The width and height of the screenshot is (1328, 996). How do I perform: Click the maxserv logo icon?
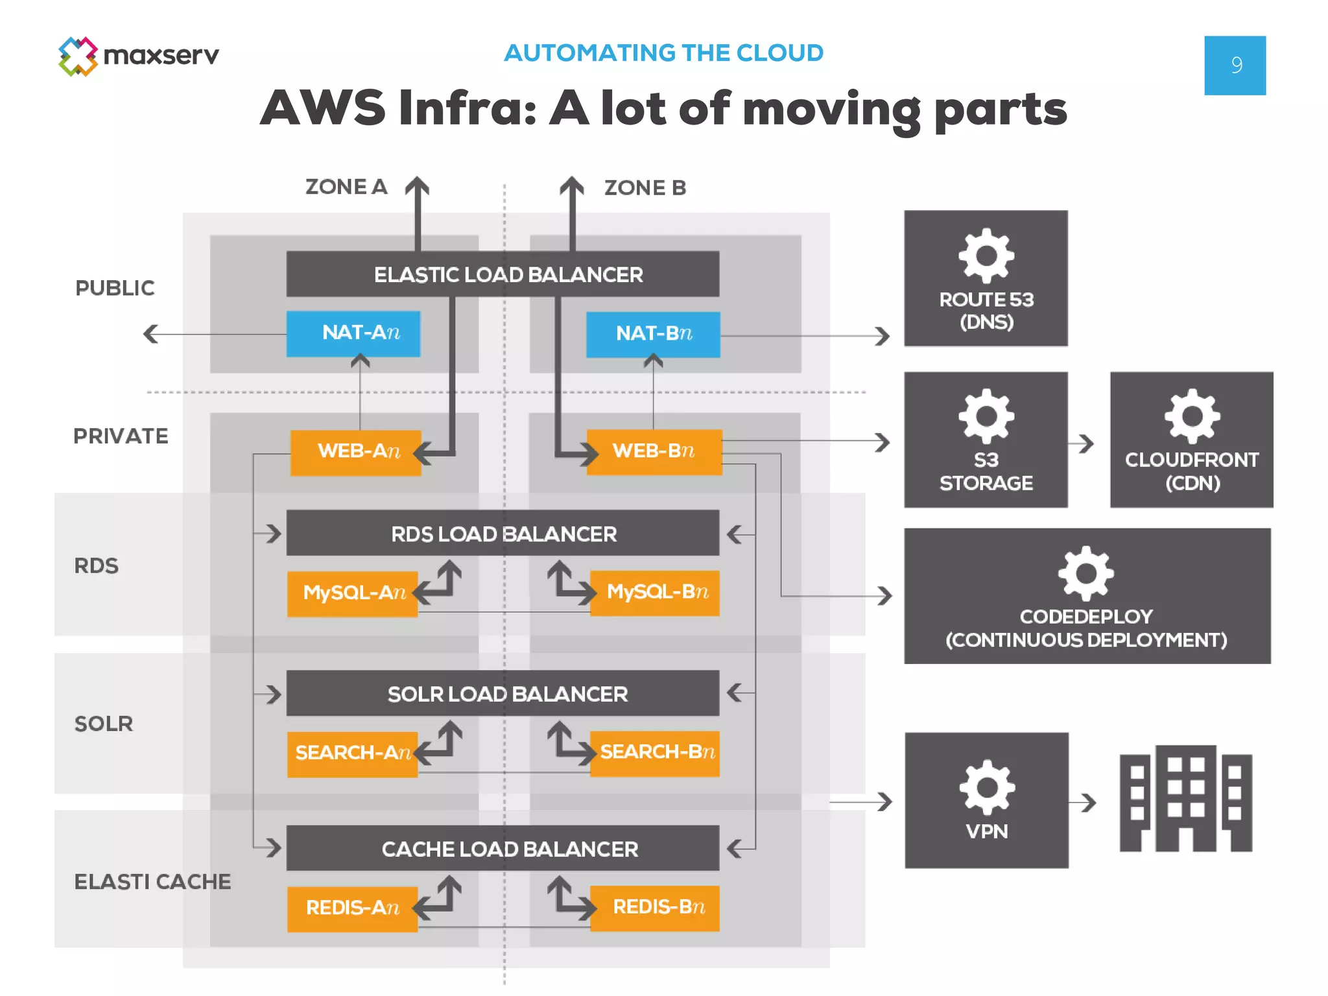point(78,56)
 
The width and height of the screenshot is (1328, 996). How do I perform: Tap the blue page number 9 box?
point(1235,65)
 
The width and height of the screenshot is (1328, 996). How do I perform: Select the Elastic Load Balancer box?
point(503,274)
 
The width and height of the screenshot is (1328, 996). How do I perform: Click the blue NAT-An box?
point(353,333)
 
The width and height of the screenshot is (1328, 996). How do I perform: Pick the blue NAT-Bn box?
point(653,335)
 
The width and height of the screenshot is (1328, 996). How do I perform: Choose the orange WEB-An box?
point(355,452)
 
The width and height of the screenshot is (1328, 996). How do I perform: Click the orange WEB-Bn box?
point(654,451)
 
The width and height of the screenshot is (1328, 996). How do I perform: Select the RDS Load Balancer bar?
point(503,533)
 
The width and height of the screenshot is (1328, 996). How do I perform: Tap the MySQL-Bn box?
point(655,593)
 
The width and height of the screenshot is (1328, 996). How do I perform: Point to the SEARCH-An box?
point(352,753)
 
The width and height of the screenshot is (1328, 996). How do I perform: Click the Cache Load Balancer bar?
point(503,848)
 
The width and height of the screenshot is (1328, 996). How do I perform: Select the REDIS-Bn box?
point(655,908)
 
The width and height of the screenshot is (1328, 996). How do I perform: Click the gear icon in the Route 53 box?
point(986,255)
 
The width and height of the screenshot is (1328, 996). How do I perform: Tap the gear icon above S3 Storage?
point(986,416)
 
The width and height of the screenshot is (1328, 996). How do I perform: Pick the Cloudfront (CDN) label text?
point(1191,471)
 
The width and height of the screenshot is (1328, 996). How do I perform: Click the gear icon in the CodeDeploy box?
point(1085,573)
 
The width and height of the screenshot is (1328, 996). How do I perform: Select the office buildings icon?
point(1185,799)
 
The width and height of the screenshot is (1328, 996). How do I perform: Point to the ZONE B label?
point(645,188)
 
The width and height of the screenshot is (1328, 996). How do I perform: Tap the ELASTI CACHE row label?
point(152,882)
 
